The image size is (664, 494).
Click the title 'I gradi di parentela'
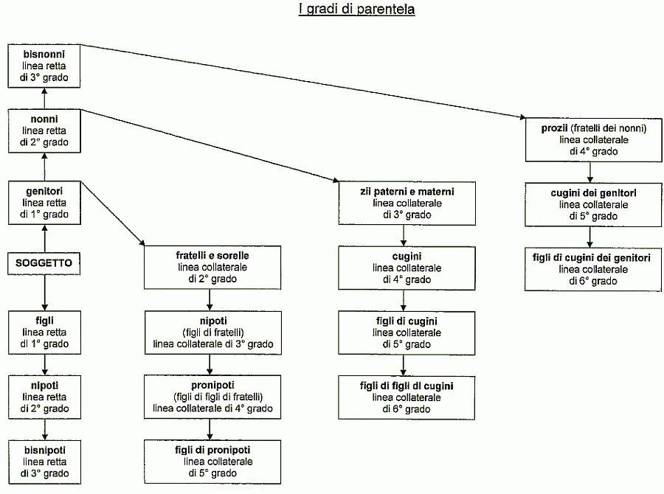click(x=356, y=10)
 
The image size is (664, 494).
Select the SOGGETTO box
click(x=44, y=263)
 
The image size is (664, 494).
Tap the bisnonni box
click(x=44, y=66)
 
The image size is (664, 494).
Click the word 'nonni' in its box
click(x=44, y=119)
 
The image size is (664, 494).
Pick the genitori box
click(x=44, y=203)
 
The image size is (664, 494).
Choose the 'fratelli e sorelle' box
click(x=212, y=268)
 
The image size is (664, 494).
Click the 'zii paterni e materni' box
click(x=407, y=203)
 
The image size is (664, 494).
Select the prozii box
click(x=594, y=140)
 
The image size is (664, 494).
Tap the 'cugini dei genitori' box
click(x=593, y=205)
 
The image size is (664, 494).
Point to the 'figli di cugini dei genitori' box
click(x=593, y=270)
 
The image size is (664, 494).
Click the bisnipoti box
click(x=44, y=462)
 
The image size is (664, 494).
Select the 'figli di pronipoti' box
click(x=212, y=462)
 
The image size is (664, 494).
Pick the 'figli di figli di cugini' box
click(x=407, y=397)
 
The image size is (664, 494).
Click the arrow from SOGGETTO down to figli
click(x=45, y=293)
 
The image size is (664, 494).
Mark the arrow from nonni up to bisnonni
click(x=44, y=98)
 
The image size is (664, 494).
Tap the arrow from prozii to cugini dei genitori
click(x=590, y=173)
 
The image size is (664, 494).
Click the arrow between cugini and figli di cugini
click(x=403, y=301)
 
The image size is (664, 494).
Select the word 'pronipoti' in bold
click(x=212, y=386)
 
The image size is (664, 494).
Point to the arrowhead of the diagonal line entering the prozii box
click(x=523, y=116)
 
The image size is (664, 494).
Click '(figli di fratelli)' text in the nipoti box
click(x=213, y=333)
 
